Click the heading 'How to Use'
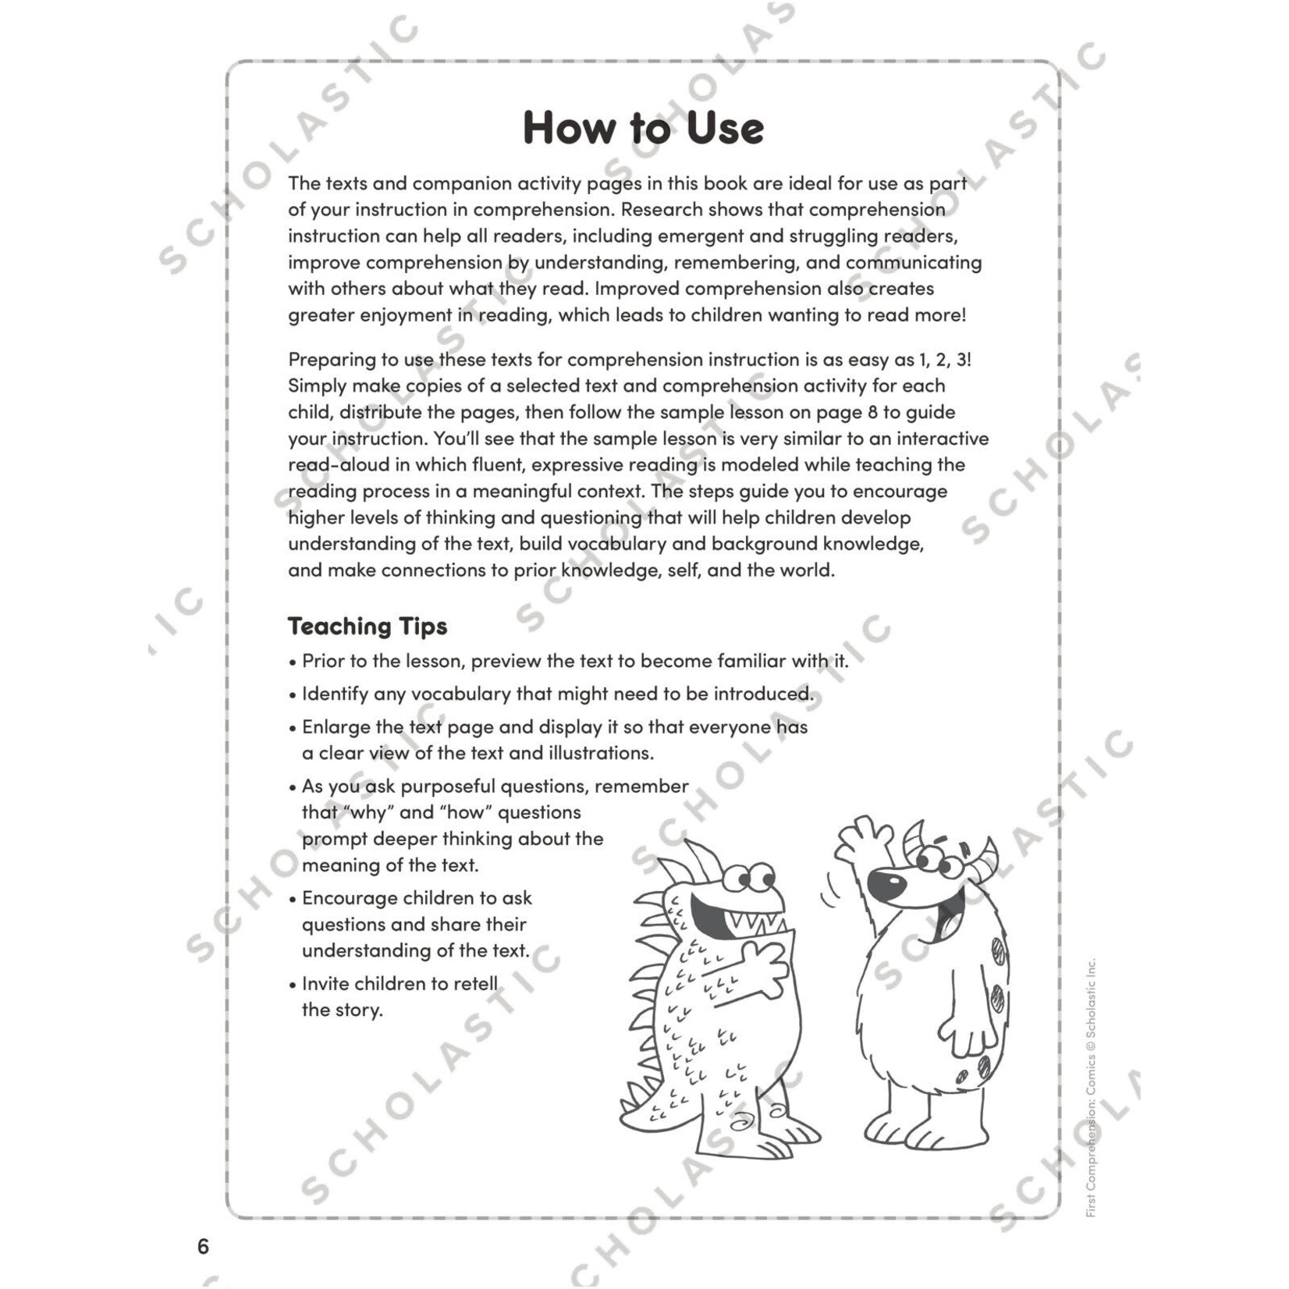point(643,128)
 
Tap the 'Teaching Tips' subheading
point(368,626)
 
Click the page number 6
point(203,1246)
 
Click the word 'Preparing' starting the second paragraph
point(332,360)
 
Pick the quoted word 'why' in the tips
point(369,812)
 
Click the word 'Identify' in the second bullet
point(335,694)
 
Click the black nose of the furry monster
point(887,884)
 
